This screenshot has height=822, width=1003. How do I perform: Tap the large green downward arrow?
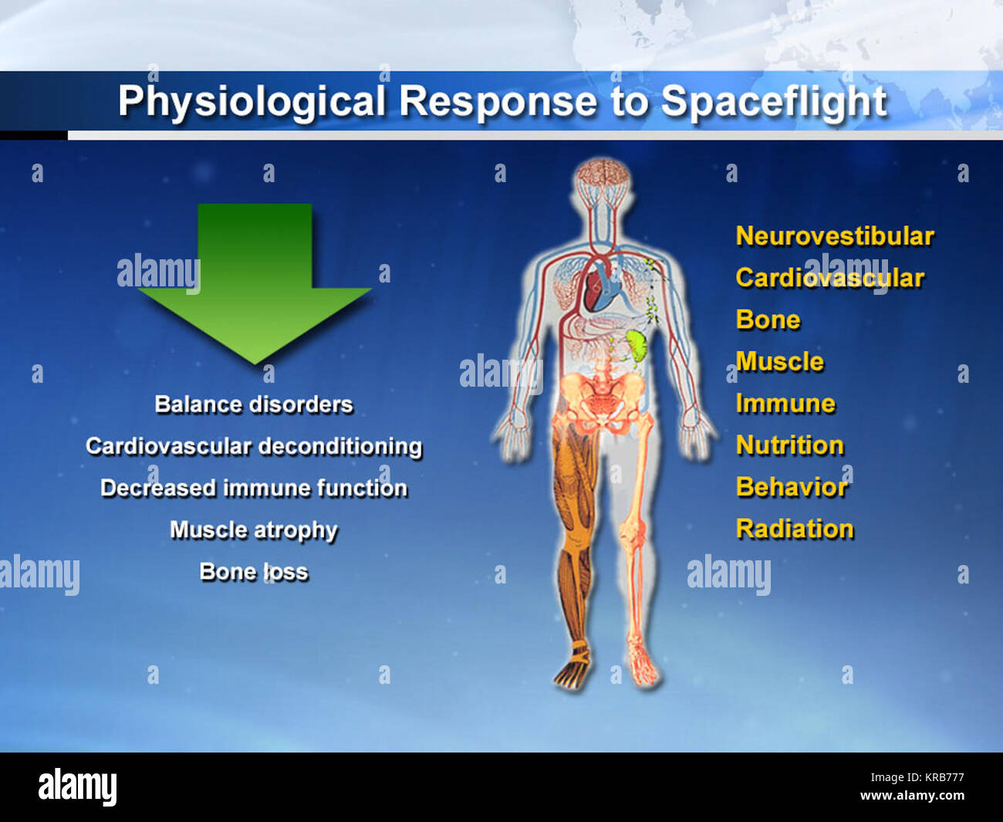255,284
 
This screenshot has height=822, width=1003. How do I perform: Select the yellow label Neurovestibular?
835,236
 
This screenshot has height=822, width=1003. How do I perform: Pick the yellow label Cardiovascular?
830,278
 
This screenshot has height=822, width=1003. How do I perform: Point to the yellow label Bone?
768,320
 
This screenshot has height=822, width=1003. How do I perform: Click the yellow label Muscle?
779,361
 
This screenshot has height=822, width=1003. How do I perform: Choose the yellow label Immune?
785,404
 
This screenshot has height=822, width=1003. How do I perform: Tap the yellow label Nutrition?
790,445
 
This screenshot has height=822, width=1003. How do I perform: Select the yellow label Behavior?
792,487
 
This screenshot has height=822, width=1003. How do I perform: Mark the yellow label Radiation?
795,529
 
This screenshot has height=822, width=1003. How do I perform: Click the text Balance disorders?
254,404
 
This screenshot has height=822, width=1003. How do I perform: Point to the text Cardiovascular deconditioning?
254,447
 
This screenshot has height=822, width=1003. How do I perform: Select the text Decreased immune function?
254,489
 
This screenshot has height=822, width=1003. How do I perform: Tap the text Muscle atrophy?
254,530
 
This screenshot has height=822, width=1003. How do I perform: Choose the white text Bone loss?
254,572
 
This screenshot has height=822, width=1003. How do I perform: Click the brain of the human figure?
603,173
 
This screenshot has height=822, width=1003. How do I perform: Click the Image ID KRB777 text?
917,777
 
